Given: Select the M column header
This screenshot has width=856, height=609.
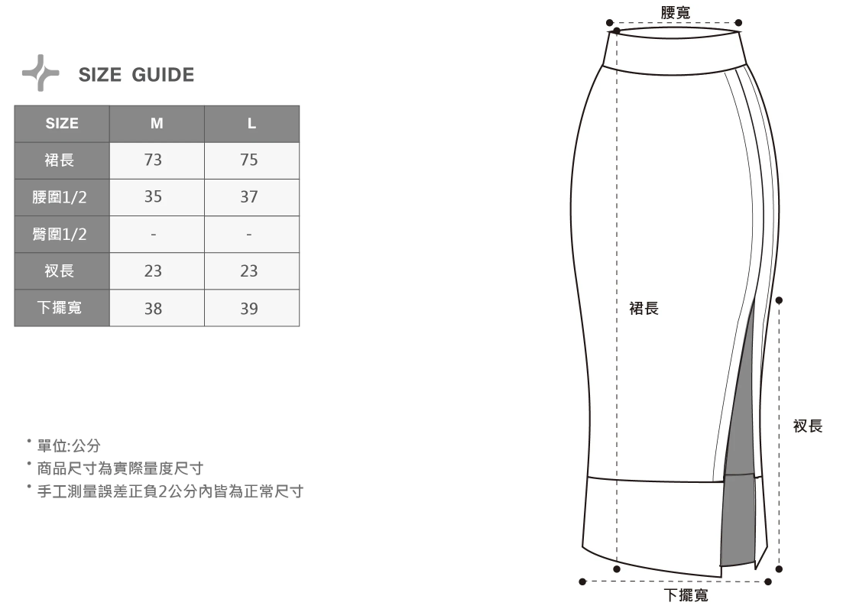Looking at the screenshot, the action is pyautogui.click(x=156, y=124).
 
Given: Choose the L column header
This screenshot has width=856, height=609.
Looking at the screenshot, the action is pyautogui.click(x=251, y=124).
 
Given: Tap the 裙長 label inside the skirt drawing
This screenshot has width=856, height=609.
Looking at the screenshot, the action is pyautogui.click(x=644, y=309).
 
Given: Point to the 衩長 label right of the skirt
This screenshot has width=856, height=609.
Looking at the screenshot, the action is pyautogui.click(x=808, y=426).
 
